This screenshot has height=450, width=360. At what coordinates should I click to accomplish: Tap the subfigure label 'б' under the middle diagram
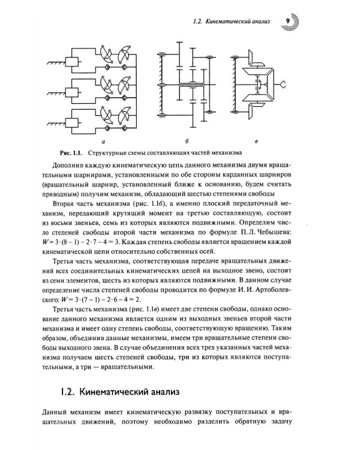pyautogui.click(x=187, y=142)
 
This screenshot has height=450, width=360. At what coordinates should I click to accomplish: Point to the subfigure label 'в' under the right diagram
pyautogui.click(x=256, y=142)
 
